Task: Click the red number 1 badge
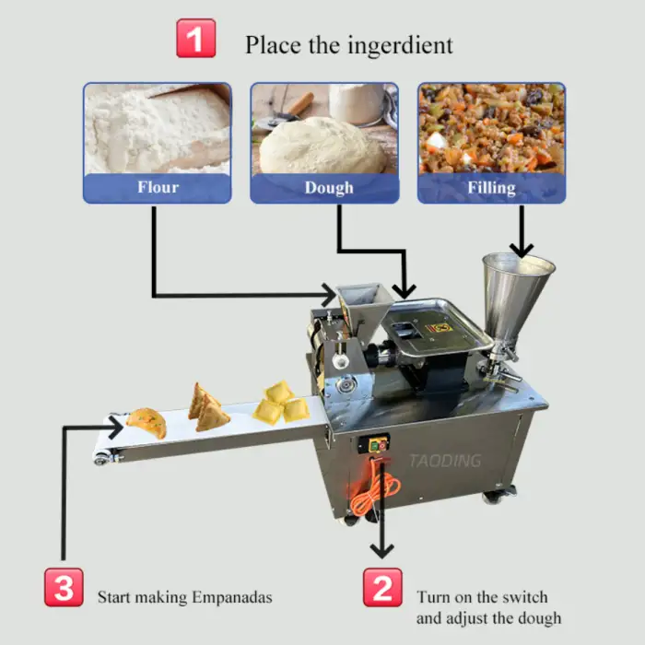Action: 195,39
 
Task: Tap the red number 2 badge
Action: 382,588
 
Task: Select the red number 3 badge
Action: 64,588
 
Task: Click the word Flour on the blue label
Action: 158,187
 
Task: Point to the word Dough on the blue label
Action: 329,188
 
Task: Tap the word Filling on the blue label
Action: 491,188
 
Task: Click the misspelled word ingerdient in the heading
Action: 400,45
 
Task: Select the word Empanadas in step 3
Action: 232,597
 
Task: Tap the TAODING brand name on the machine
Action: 445,461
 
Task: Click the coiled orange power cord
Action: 373,489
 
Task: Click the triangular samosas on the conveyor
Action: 207,408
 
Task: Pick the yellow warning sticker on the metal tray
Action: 440,328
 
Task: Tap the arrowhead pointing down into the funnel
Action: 522,250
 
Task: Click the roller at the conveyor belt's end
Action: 101,458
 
